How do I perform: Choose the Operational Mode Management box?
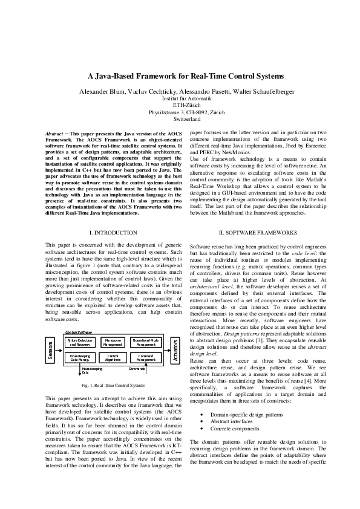(146, 343)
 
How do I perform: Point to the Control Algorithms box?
(113, 358)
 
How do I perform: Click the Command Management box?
(146, 358)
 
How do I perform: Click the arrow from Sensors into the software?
(59, 351)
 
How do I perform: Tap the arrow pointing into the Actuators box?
(168, 351)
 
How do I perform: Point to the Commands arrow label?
(136, 368)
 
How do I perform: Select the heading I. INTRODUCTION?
(113, 233)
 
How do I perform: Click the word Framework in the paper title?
(160, 77)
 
